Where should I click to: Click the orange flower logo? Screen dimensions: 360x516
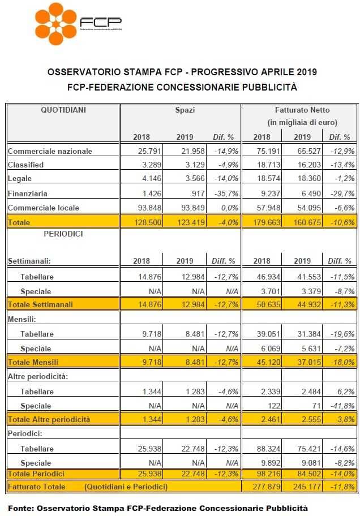click(55, 24)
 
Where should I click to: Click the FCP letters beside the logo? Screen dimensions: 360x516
click(100, 22)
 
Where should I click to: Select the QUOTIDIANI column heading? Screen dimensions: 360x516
click(63, 110)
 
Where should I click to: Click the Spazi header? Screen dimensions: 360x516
click(185, 110)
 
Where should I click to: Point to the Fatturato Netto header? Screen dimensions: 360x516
click(302, 110)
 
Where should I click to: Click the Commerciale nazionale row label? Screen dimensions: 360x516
click(50, 151)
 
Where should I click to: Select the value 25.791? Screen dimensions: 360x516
click(149, 151)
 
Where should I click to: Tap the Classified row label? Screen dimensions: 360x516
click(25, 165)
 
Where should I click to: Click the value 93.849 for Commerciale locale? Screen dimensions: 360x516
click(193, 208)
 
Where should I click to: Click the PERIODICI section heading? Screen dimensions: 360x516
click(63, 234)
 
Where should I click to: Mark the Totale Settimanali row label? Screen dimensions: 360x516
click(40, 304)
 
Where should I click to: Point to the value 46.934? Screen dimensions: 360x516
click(268, 277)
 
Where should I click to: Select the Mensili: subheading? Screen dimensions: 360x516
click(22, 319)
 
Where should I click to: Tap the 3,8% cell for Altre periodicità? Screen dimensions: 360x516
click(347, 420)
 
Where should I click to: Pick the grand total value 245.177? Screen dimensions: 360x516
click(307, 487)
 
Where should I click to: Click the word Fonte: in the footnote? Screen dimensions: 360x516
click(21, 508)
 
